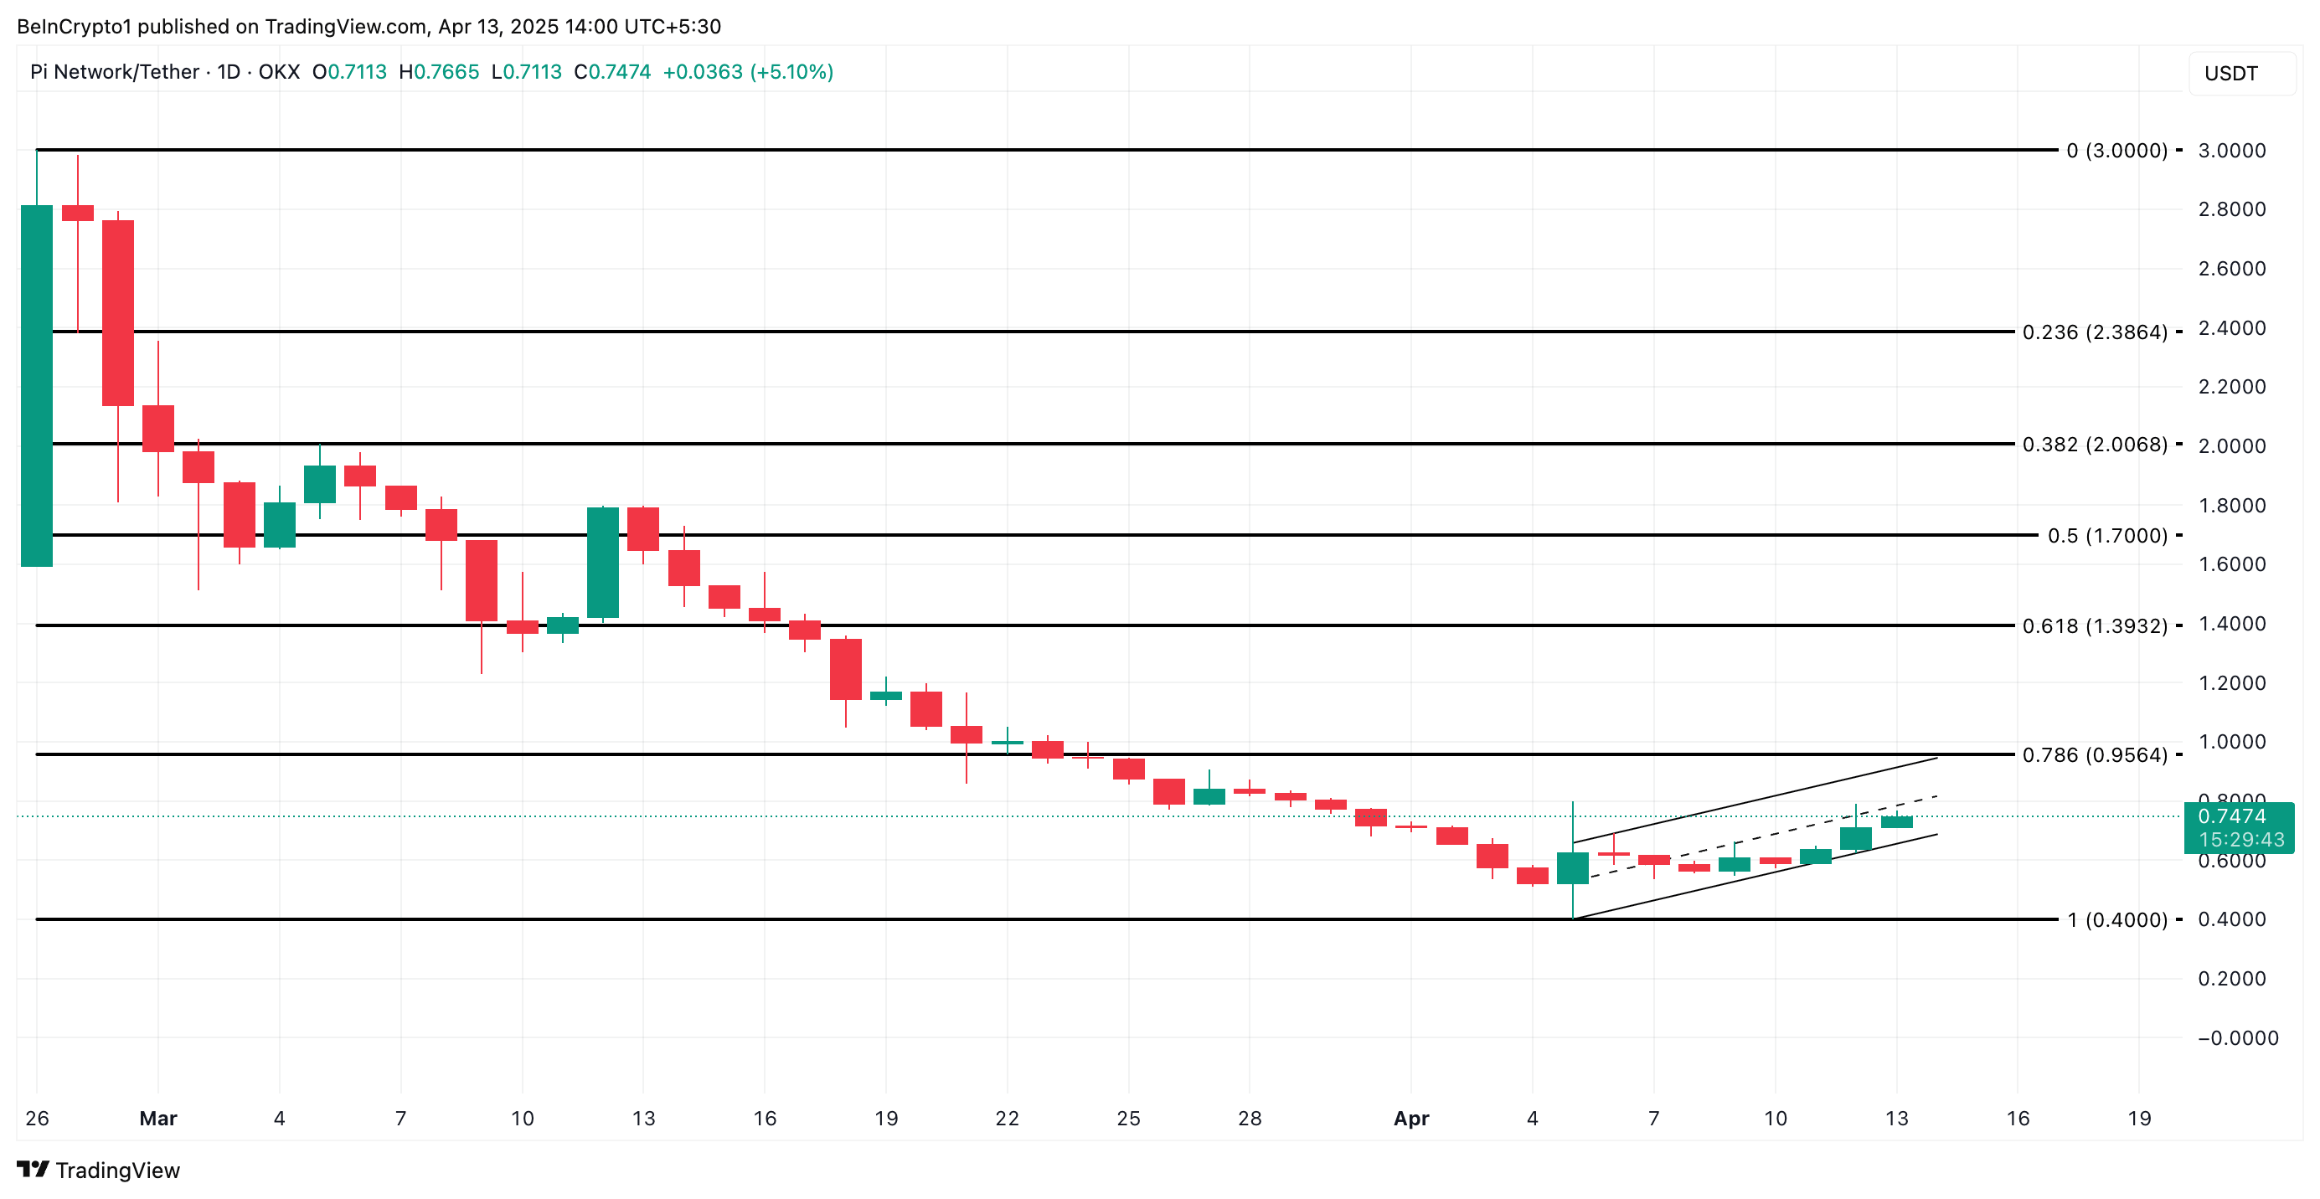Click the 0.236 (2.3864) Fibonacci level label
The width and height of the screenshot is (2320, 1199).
[x=2094, y=332]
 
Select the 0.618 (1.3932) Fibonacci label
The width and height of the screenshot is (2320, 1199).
[x=2094, y=625]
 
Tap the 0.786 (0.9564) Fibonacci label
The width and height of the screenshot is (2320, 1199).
[x=2094, y=755]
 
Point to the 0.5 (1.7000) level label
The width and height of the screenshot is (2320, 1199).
[x=2106, y=536]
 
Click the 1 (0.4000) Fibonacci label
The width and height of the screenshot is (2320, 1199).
[x=2116, y=920]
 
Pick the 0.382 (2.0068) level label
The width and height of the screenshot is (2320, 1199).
[x=2094, y=445]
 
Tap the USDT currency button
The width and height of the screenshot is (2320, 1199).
[x=2231, y=74]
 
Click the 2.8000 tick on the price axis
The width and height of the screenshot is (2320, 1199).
[x=2231, y=209]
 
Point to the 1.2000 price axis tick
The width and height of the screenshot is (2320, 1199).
[x=2231, y=683]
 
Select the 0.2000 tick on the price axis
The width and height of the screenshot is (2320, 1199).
[x=2231, y=980]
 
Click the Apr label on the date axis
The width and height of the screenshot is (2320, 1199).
[x=1410, y=1119]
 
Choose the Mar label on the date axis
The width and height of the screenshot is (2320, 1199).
[x=157, y=1119]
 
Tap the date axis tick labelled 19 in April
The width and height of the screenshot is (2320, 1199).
[x=2139, y=1119]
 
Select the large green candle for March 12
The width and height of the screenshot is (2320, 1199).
[x=602, y=563]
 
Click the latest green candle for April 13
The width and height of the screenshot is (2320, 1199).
[x=1896, y=822]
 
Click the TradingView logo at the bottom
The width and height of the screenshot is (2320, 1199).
[x=98, y=1171]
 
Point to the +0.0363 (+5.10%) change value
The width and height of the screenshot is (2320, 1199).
[x=748, y=72]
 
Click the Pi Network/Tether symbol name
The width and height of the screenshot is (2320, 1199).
[x=115, y=72]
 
